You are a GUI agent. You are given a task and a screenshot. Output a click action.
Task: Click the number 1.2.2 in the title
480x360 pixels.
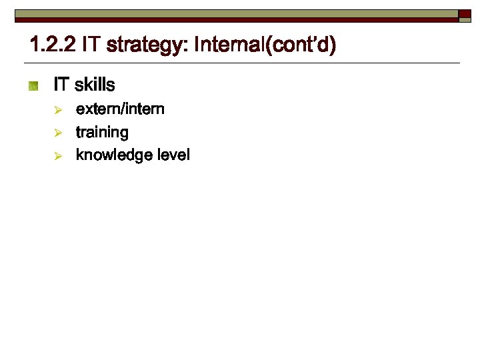click(52, 46)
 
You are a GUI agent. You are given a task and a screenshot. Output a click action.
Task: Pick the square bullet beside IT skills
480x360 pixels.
click(34, 86)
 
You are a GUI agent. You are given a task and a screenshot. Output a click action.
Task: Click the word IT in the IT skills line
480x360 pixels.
click(62, 85)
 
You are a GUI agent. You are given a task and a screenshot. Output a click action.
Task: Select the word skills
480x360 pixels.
click(95, 85)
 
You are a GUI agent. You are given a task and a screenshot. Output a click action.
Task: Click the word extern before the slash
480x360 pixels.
click(97, 109)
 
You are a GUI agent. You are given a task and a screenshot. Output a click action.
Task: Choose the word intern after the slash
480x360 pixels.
click(143, 109)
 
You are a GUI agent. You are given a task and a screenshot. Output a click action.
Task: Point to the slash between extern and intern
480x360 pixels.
click(121, 109)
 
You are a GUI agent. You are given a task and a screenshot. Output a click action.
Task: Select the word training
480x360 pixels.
click(102, 133)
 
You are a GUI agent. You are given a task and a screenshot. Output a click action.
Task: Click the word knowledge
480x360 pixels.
click(113, 155)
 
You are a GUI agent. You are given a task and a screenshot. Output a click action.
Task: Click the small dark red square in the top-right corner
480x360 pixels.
click(465, 15)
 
